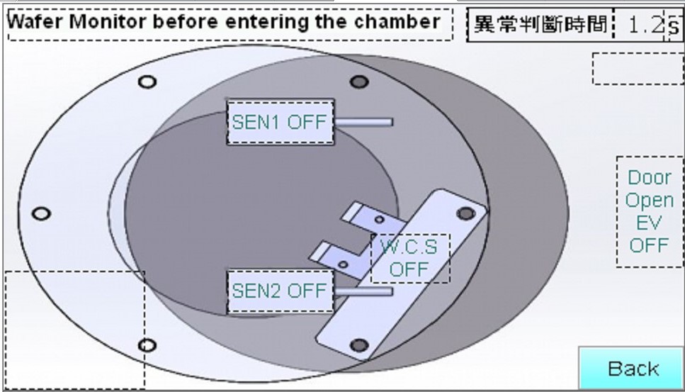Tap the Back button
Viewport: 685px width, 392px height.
coord(633,369)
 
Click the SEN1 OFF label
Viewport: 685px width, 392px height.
coord(280,122)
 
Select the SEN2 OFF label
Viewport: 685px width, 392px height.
coord(280,291)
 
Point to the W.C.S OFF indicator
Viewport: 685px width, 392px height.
coord(409,259)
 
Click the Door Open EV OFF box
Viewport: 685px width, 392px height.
coord(649,211)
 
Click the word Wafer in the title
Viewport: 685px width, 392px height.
coord(35,22)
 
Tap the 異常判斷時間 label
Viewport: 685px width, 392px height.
coord(540,26)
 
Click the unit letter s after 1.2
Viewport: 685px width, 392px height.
coord(673,27)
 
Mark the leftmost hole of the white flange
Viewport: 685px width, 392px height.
coord(42,213)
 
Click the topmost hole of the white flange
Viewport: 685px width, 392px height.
coord(147,82)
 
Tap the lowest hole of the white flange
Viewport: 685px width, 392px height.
coord(147,346)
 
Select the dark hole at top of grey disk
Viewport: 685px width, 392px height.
coord(359,82)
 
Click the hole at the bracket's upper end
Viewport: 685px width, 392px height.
coord(465,213)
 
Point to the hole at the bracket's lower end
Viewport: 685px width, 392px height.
coord(359,345)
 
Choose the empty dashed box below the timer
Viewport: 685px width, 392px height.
coord(638,69)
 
